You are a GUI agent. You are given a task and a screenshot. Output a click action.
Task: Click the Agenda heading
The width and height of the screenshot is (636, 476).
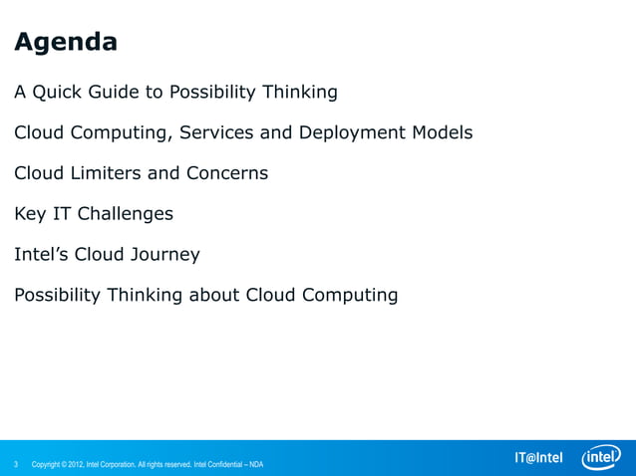[x=66, y=43]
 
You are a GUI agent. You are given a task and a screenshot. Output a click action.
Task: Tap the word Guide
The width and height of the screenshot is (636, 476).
[x=118, y=93]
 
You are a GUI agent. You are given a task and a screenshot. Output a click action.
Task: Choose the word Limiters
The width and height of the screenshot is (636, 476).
[x=103, y=173]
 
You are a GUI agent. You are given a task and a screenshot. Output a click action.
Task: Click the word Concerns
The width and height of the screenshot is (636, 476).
[x=227, y=173]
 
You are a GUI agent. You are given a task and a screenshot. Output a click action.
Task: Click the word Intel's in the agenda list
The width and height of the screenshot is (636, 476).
[x=42, y=255]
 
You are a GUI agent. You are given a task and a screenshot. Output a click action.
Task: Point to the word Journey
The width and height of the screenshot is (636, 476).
[x=163, y=255]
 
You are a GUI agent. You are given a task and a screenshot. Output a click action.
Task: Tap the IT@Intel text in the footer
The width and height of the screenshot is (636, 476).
[x=537, y=458]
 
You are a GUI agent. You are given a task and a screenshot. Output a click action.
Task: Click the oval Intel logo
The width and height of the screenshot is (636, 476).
[x=601, y=456]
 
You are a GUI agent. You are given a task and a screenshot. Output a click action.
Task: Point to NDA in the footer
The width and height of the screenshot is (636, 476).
[x=256, y=464]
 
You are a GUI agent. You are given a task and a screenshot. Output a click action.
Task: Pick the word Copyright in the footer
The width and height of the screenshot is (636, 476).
[x=50, y=464]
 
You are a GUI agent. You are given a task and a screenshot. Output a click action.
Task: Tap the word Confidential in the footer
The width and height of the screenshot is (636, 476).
[x=225, y=464]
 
